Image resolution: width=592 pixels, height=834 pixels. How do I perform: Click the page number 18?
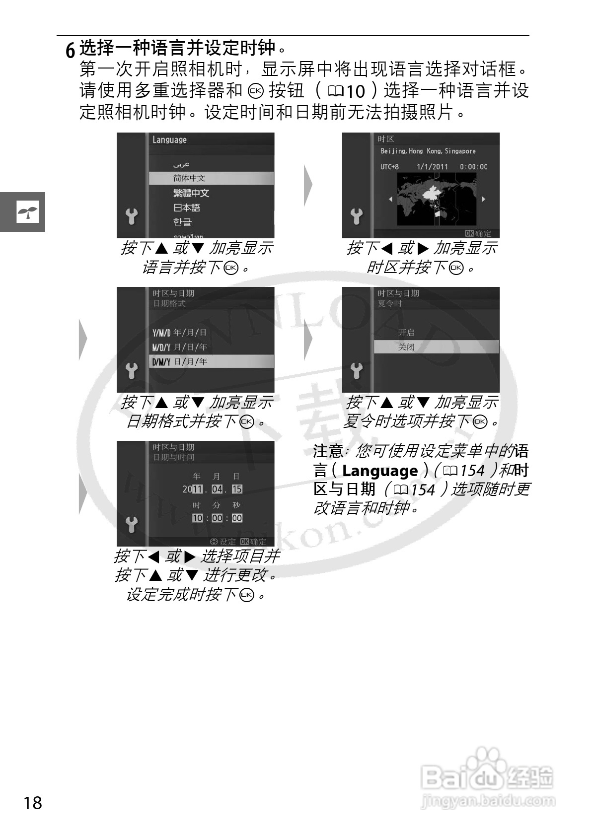pos(33,802)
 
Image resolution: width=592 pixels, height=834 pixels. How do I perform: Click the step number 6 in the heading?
pos(71,50)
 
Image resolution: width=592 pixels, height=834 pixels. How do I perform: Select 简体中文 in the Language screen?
pos(189,178)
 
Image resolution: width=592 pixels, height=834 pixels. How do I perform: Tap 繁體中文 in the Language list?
pos(191,193)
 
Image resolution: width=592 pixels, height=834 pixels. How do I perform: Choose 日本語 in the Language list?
pos(187,208)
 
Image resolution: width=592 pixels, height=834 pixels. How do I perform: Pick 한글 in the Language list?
pos(182,222)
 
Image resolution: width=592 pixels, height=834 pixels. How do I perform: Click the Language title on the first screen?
pos(169,140)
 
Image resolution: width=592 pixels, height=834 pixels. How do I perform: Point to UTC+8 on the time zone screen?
pos(389,167)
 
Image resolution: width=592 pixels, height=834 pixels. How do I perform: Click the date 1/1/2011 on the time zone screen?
pos(432,167)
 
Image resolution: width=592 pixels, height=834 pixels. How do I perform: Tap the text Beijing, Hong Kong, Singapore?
pos(428,151)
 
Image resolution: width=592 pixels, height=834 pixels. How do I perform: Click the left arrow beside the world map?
pos(390,199)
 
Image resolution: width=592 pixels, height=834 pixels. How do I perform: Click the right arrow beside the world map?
pos(483,199)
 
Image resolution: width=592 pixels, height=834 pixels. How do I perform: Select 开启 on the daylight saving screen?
pos(406,333)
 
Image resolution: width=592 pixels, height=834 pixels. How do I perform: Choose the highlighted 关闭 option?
pos(406,347)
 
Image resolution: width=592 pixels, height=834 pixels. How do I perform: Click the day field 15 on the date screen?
pos(237,489)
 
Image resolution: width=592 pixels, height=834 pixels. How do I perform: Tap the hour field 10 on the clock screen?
pos(197,518)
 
